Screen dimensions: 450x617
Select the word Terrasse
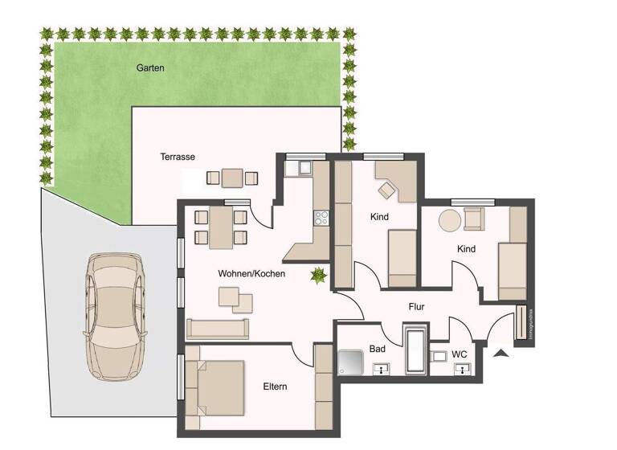coord(178,157)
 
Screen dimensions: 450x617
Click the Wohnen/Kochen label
coord(251,274)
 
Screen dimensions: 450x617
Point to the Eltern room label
coord(275,387)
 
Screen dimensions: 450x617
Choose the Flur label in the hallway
coord(415,306)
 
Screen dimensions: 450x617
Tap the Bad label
coord(378,350)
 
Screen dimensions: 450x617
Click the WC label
coord(459,354)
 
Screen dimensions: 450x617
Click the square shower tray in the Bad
coord(352,363)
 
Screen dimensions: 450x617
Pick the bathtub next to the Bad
coord(415,350)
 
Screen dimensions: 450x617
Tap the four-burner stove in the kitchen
coord(321,216)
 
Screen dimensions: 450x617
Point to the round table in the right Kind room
coord(449,219)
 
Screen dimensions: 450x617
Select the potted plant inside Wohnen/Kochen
coord(319,276)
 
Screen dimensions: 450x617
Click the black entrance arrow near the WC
coord(502,354)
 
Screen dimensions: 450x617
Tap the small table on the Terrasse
coord(232,177)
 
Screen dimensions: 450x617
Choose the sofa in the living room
coord(218,328)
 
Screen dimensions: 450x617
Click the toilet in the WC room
coord(438,356)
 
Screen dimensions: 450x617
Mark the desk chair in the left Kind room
coord(388,190)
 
